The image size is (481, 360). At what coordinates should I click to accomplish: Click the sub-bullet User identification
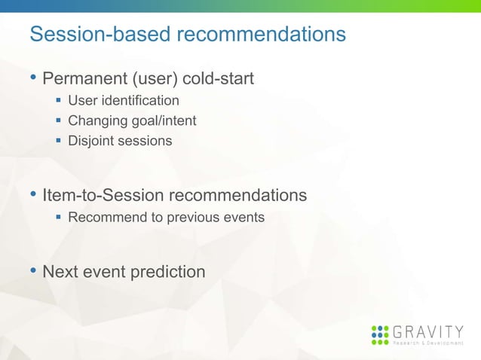pos(124,100)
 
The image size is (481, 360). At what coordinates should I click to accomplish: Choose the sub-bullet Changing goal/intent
pos(132,121)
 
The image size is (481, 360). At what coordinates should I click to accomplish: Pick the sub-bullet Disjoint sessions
pos(120,141)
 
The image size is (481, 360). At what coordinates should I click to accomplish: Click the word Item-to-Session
pos(103,196)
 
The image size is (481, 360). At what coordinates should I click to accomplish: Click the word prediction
pos(168,272)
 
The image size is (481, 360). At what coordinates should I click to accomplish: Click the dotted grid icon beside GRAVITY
pos(381,334)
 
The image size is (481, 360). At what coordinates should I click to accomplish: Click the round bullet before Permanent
pos(32,78)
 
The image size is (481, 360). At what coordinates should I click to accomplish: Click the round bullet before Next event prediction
pos(32,271)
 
